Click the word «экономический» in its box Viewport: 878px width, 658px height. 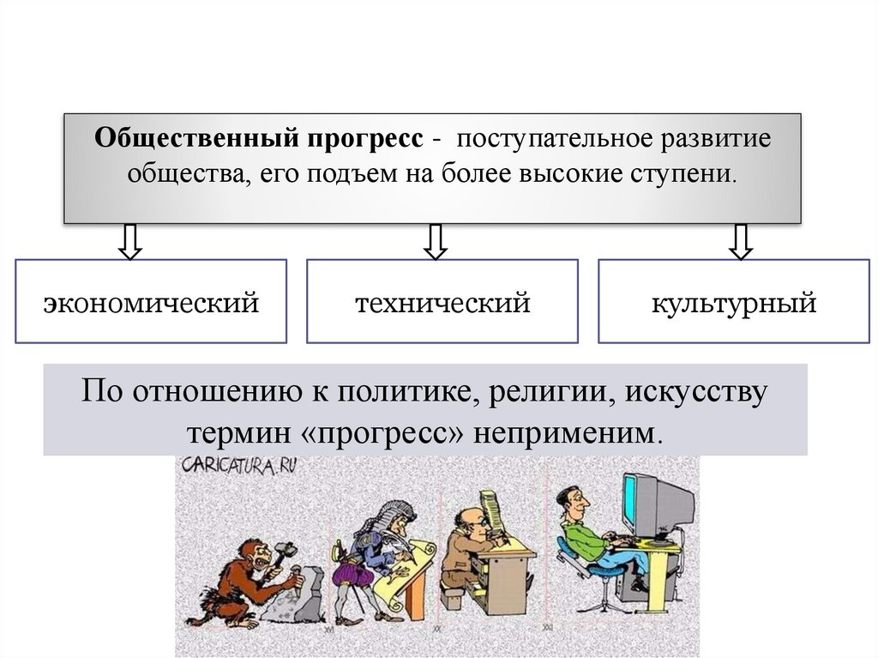(151, 302)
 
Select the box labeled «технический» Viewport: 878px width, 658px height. (442, 302)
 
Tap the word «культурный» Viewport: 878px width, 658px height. (733, 302)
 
